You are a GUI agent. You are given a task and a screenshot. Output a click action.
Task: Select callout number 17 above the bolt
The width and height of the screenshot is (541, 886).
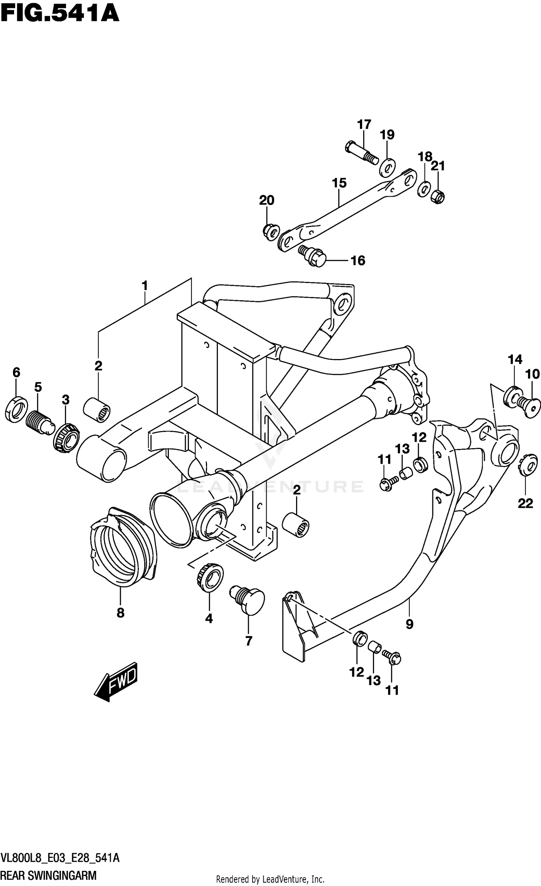point(364,125)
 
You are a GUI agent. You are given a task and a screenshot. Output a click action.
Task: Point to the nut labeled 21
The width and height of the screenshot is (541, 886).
point(438,196)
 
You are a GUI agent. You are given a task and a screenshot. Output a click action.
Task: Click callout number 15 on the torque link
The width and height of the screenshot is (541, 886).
point(339,183)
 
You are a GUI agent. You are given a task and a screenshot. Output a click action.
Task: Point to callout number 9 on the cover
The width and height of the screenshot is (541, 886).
point(409,624)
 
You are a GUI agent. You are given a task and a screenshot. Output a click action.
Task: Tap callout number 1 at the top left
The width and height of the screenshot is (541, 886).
point(145,286)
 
